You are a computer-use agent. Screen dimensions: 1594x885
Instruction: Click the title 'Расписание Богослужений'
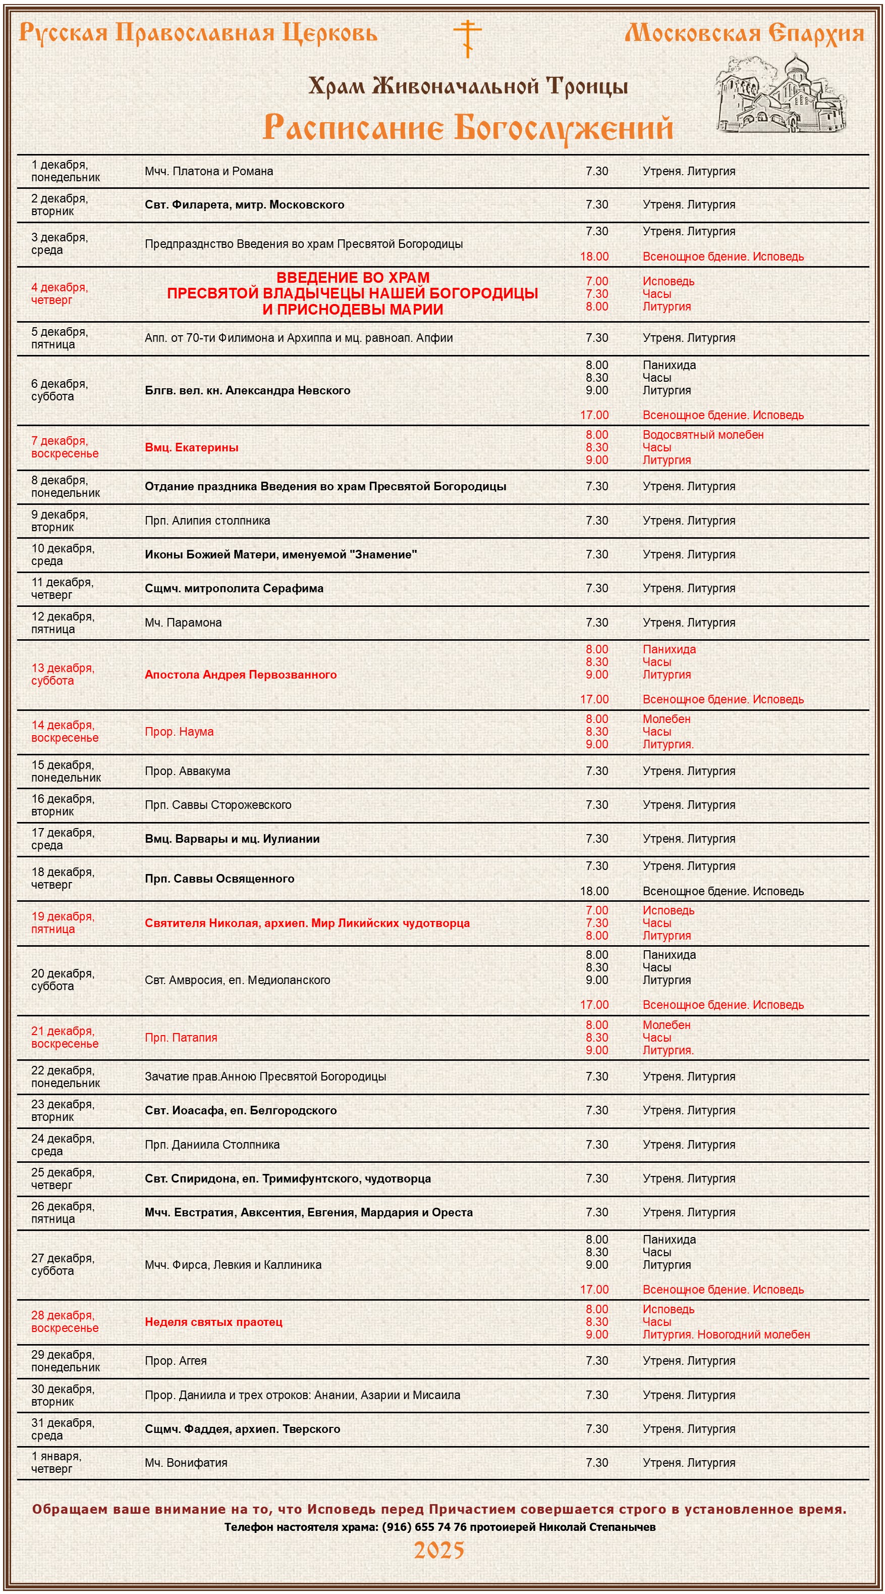click(468, 127)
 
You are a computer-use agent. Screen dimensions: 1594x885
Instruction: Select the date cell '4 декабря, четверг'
click(60, 293)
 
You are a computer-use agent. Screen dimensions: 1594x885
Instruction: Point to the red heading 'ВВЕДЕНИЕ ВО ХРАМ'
click(353, 277)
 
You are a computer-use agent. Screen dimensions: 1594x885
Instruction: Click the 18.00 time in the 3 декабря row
click(594, 256)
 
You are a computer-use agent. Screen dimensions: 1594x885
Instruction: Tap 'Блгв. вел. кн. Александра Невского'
click(247, 390)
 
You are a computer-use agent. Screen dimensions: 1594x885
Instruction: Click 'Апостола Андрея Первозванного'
click(241, 675)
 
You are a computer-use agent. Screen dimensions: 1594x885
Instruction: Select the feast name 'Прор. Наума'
click(179, 732)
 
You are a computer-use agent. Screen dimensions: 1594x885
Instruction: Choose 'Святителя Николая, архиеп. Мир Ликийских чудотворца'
click(307, 922)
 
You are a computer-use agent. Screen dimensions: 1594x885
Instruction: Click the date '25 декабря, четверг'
click(63, 1178)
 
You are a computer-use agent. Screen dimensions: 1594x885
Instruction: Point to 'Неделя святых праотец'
click(213, 1322)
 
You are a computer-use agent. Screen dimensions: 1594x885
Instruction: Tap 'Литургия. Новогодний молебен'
click(726, 1334)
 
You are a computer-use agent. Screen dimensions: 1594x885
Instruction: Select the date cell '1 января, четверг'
click(57, 1462)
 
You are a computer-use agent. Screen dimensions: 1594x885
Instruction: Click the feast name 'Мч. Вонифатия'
click(186, 1463)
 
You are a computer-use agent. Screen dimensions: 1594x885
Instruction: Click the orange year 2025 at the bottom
click(438, 1550)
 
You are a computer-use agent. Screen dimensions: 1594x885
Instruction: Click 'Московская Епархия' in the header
click(744, 33)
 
